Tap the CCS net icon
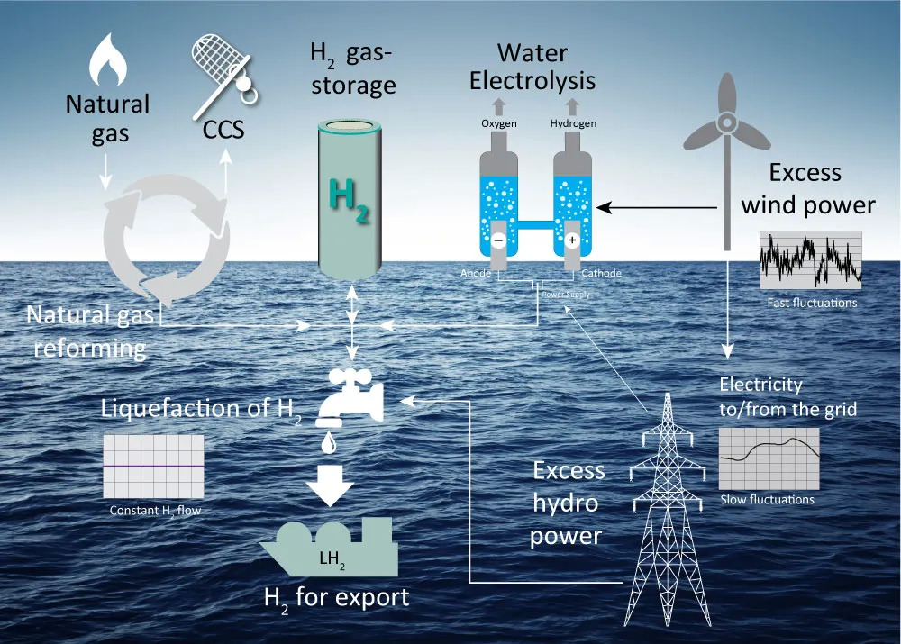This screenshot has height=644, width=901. click(221, 63)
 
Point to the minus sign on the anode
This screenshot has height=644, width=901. click(498, 240)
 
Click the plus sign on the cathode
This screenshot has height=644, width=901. click(570, 240)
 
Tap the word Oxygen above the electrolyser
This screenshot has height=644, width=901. click(498, 123)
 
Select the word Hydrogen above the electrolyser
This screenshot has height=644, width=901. click(573, 123)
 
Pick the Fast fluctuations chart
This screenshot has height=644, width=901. click(811, 260)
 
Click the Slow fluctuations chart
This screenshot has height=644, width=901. click(769, 458)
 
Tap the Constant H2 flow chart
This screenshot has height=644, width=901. click(152, 467)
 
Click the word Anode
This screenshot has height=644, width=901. click(476, 273)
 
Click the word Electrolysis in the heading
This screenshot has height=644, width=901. click(532, 80)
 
